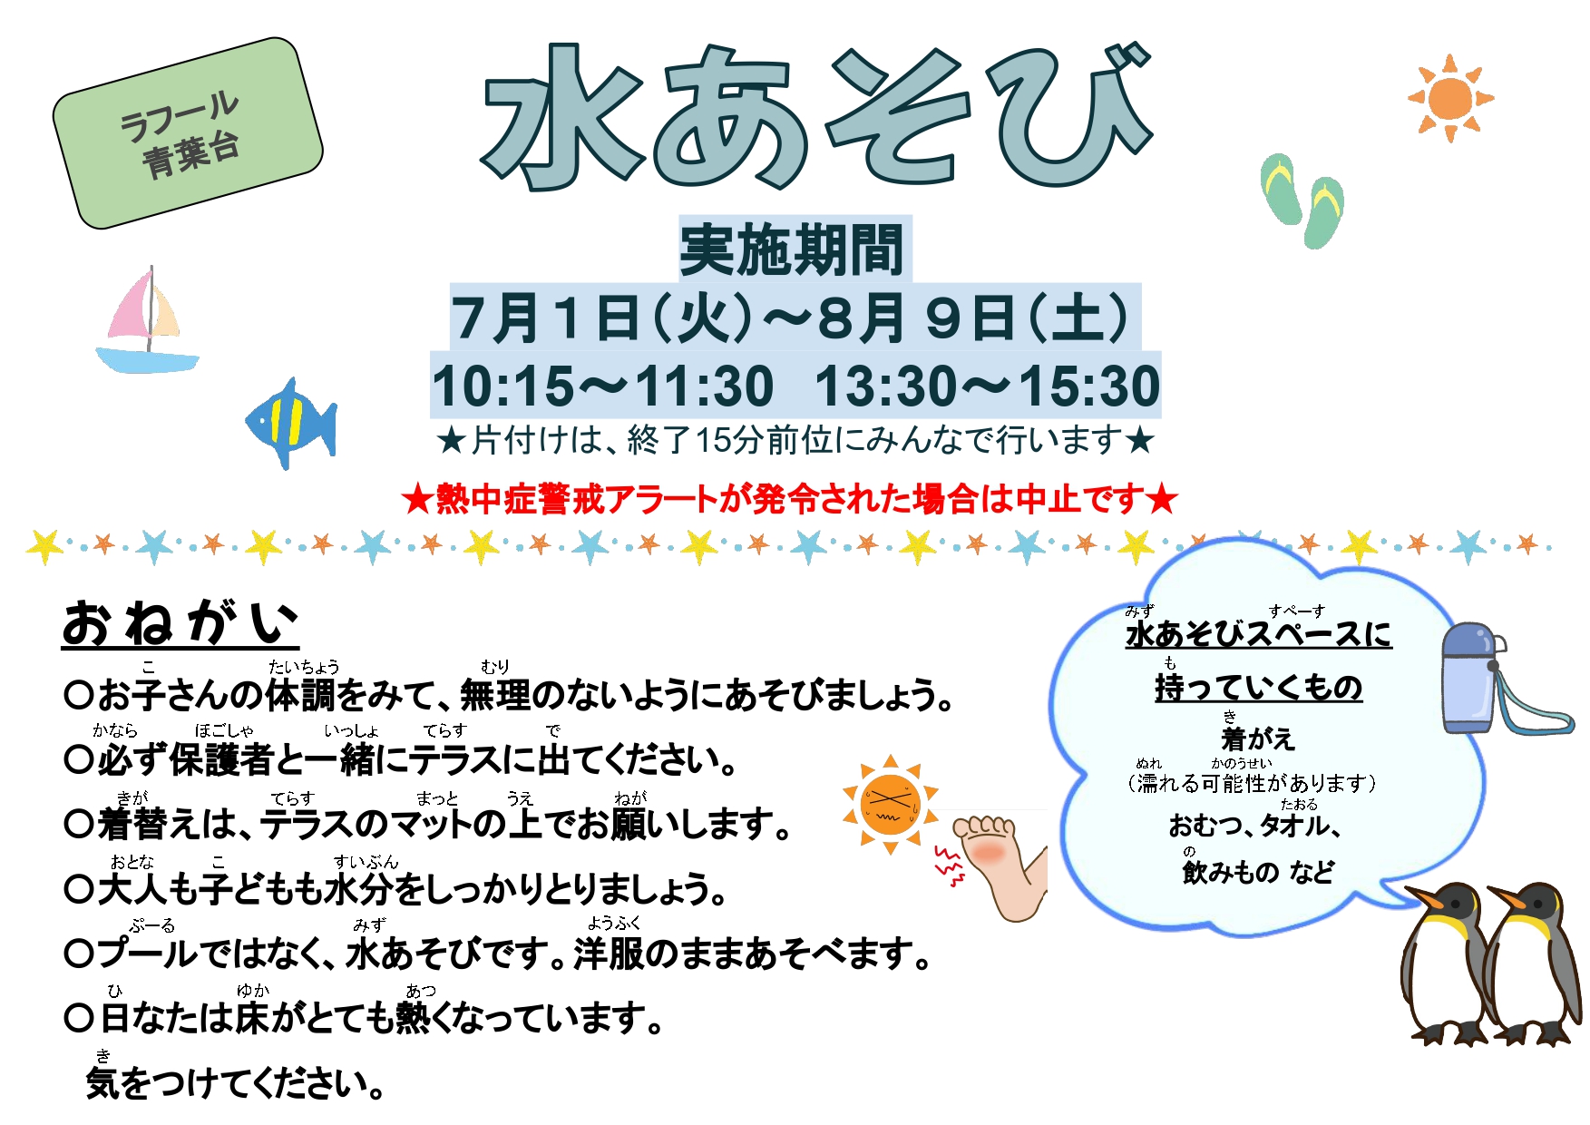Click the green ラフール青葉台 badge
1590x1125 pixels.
188,133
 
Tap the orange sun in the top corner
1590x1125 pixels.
1449,98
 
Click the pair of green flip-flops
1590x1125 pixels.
1302,201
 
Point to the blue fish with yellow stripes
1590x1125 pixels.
291,424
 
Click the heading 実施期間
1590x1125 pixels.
793,249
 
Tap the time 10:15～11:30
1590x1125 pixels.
602,386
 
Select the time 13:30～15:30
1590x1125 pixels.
987,386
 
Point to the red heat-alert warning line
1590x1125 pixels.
790,499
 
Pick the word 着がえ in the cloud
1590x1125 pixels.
1258,739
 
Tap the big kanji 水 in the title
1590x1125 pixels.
564,118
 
